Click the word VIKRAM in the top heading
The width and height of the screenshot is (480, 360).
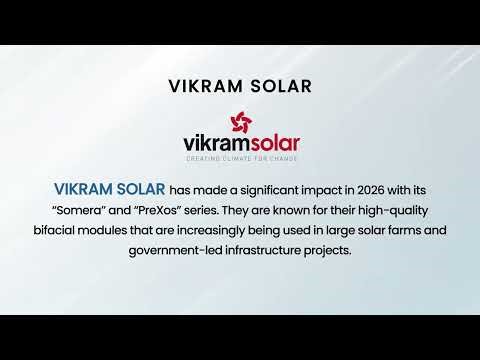[203, 85]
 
